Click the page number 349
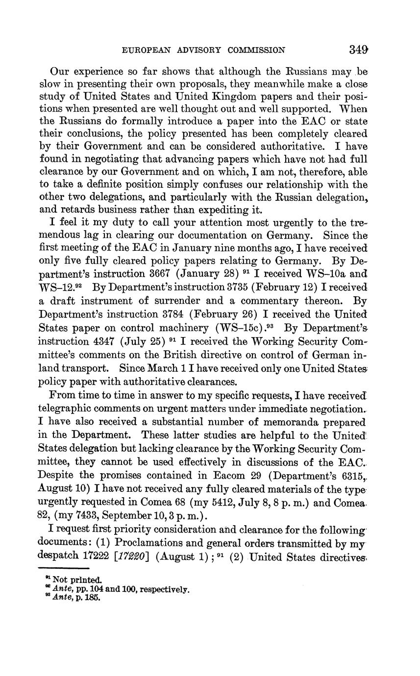(x=359, y=49)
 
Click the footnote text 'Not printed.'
(x=78, y=579)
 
